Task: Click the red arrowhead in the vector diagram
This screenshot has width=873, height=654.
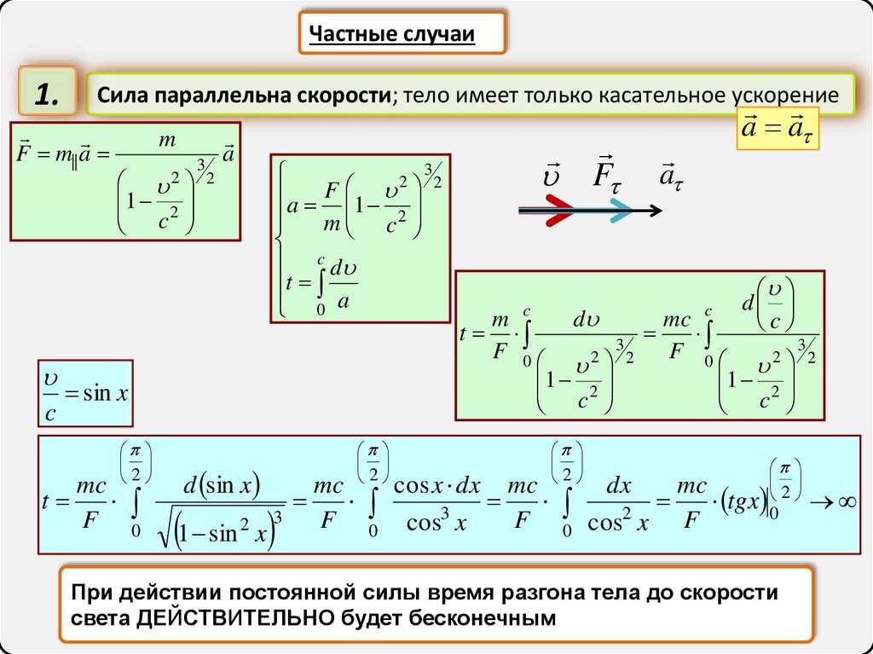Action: tap(559, 209)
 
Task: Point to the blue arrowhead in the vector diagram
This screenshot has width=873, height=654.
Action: tap(620, 209)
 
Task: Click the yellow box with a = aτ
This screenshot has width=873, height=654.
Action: tap(776, 130)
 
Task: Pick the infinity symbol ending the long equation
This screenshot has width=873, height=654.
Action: tap(846, 502)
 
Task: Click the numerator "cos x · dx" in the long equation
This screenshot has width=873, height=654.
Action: tap(437, 487)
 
